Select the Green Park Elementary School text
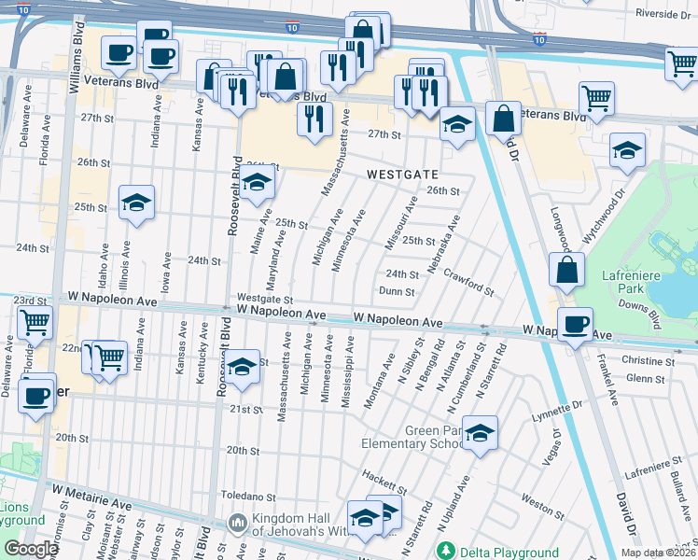[434, 437]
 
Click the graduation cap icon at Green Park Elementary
[480, 433]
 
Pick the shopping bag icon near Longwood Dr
[566, 272]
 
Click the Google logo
[32, 549]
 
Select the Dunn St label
[397, 291]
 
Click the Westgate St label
[265, 300]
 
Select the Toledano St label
[248, 496]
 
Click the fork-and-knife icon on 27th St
[314, 118]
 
